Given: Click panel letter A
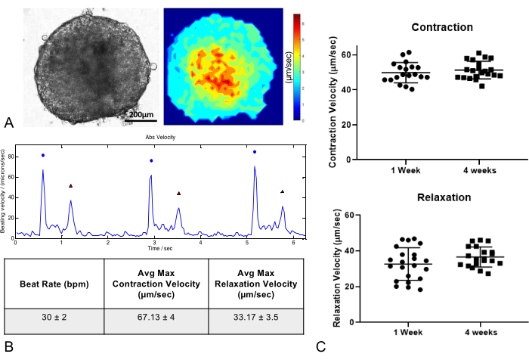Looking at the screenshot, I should pyautogui.click(x=9, y=122).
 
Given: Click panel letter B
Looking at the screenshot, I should pyautogui.click(x=9, y=347).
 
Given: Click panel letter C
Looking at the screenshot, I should pyautogui.click(x=322, y=347).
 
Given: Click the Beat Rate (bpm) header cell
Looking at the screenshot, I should pyautogui.click(x=55, y=283).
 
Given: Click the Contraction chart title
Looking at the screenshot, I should pyautogui.click(x=442, y=27).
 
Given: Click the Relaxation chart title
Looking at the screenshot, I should pyautogui.click(x=444, y=198).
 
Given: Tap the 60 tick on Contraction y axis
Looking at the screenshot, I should pyautogui.click(x=345, y=55).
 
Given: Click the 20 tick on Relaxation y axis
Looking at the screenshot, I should pyautogui.click(x=345, y=287).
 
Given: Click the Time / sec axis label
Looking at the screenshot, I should pyautogui.click(x=159, y=247).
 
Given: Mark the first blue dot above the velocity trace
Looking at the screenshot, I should pyautogui.click(x=43, y=155).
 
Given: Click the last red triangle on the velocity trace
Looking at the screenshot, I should pyautogui.click(x=283, y=191).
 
